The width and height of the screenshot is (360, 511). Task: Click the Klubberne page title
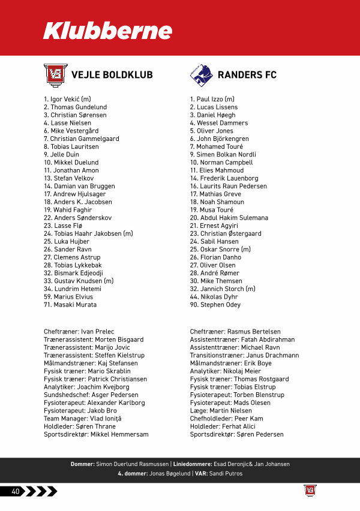(x=107, y=31)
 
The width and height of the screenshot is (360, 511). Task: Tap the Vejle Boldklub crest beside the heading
(x=53, y=74)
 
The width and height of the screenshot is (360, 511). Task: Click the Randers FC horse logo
(x=200, y=74)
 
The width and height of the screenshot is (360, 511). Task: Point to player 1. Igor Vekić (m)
(x=67, y=99)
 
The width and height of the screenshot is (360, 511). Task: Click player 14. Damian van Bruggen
(x=79, y=186)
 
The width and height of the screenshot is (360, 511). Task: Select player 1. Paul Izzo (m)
(x=212, y=99)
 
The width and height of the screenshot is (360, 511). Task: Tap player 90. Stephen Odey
(x=215, y=305)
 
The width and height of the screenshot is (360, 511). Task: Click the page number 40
(x=16, y=491)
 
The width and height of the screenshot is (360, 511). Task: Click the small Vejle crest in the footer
(x=310, y=491)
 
